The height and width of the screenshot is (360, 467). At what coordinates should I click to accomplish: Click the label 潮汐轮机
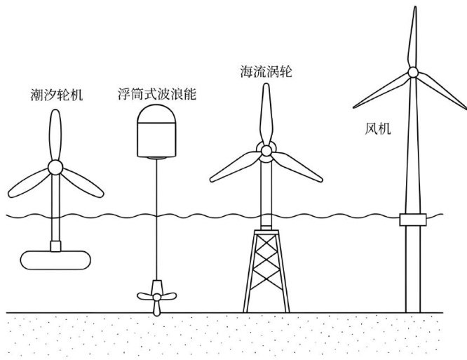(57, 95)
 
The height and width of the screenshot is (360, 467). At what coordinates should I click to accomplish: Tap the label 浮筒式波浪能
(157, 93)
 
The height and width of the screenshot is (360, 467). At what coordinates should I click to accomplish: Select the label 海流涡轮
(266, 72)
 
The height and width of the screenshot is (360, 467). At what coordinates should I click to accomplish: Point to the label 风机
(378, 128)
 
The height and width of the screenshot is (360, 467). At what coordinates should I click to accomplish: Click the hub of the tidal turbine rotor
(55, 167)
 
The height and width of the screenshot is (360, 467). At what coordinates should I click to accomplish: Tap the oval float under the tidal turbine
(55, 260)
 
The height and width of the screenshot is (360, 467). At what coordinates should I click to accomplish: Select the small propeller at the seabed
(156, 298)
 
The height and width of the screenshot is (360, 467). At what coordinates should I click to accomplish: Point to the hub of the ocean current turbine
(266, 151)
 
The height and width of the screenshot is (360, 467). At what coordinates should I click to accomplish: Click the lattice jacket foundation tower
(266, 271)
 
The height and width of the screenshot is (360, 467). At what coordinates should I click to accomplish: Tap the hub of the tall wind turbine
(413, 72)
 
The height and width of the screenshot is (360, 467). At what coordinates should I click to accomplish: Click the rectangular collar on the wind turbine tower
(413, 220)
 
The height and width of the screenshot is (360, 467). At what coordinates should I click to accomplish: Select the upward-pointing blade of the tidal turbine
(55, 135)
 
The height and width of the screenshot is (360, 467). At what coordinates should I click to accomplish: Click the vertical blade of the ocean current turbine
(266, 114)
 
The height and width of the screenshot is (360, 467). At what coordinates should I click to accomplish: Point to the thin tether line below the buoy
(156, 219)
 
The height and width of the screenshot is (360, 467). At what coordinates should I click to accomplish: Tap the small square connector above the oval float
(55, 246)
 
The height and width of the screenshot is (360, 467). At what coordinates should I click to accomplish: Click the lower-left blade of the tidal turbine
(29, 183)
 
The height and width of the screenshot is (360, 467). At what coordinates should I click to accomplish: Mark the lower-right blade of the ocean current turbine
(297, 166)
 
